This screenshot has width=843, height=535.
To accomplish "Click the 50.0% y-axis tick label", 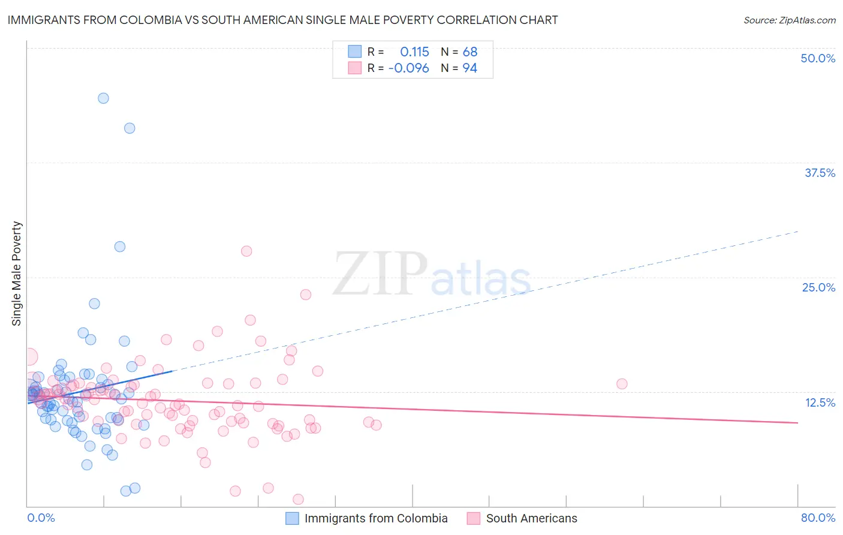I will coord(818,58).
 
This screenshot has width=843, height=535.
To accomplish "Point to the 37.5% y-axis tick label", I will coord(820,173).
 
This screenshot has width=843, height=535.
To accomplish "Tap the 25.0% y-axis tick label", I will coord(818,287).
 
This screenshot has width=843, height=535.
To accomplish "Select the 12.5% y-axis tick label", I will coord(820,402).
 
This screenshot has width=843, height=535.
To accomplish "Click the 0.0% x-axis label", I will coord(41,518).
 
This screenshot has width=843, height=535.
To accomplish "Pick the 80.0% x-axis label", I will coord(818,518).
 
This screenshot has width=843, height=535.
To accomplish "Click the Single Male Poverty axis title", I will coord(16,273).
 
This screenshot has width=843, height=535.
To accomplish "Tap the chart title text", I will coord(282,20).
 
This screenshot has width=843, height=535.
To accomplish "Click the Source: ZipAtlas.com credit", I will coord(789,20).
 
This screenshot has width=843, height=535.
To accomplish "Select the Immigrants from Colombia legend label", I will coord(376,518).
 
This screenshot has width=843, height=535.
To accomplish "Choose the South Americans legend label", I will coord(531,518).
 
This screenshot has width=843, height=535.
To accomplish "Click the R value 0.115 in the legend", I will coord(414,52).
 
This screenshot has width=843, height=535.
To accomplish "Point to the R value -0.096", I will coord(409,68).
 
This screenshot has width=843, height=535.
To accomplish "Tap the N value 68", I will coord(469,52).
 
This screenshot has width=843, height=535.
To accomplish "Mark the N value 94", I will coord(469,68).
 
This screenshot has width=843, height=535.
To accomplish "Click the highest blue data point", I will coord(103,98).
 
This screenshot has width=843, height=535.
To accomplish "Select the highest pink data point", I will coord(246,251).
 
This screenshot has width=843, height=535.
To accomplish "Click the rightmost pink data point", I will coord(622,384).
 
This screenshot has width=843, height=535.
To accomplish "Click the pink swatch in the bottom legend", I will coord(474,518).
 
